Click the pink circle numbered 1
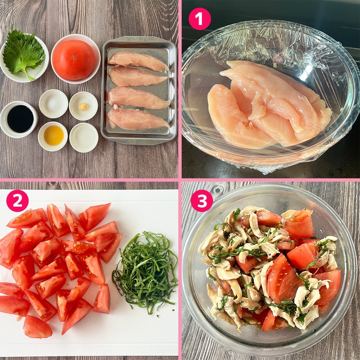pyautogui.click(x=200, y=19)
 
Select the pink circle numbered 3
pyautogui.click(x=202, y=201)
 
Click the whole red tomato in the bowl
pyautogui.click(x=74, y=60)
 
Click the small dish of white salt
pyautogui.click(x=53, y=104)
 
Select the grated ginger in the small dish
pyautogui.click(x=83, y=107)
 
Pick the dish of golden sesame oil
pyautogui.click(x=53, y=136)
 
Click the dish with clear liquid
pyautogui.click(x=84, y=137)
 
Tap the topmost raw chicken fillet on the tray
pyautogui.click(x=138, y=61)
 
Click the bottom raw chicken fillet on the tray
pyautogui.click(x=137, y=119)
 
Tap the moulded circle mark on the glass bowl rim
pyautogui.click(x=217, y=190)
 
